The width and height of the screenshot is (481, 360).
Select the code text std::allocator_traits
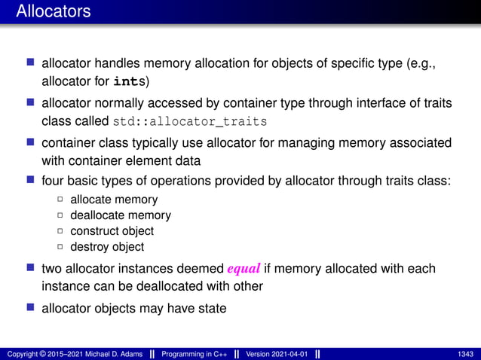190,122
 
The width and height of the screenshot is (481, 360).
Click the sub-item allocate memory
114,200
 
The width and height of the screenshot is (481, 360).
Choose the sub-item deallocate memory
121,215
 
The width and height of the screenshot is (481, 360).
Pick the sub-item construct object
112,231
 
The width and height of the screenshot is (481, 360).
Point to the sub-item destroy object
107,247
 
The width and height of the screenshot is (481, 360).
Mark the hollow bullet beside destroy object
60,247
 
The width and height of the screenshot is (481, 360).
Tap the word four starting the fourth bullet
53,182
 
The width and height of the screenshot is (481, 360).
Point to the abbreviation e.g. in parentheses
419,64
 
